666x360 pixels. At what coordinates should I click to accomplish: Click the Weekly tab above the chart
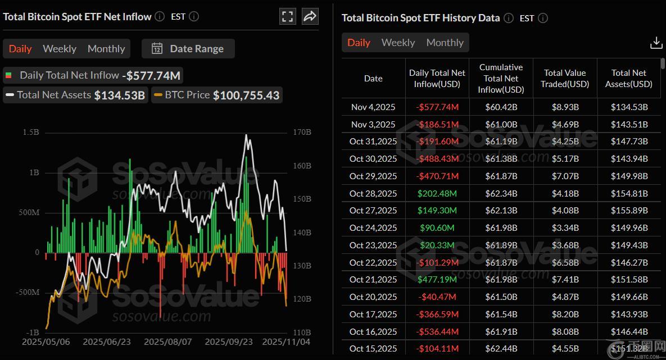pos(59,49)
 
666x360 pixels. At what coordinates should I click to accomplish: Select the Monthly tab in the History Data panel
pos(445,43)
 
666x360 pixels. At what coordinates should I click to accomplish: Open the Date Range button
pos(188,49)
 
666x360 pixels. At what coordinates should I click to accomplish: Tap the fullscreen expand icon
pos(287,16)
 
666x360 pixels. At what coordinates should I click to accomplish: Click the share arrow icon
pos(310,16)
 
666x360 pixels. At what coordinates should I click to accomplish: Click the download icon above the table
pos(655,43)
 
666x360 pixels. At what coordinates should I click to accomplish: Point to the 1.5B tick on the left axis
pos(30,133)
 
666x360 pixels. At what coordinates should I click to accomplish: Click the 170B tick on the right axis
pos(302,133)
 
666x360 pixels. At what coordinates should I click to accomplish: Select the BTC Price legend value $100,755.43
pos(246,95)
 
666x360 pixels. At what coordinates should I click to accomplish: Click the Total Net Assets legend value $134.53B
pos(119,95)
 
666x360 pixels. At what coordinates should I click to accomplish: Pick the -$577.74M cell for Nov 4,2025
pos(437,107)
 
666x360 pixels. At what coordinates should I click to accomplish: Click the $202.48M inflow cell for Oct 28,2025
pos(437,194)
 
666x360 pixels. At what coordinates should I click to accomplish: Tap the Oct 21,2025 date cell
pos(373,280)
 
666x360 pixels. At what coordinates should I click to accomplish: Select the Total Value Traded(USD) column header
pos(565,79)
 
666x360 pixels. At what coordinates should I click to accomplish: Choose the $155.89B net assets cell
pos(629,211)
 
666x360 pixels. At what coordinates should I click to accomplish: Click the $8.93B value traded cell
pos(565,107)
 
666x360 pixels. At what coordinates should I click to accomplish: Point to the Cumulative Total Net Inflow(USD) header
pos(501,79)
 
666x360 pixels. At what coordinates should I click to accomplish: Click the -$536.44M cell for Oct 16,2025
pos(437,332)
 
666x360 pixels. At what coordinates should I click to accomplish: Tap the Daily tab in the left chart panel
pos(20,49)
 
